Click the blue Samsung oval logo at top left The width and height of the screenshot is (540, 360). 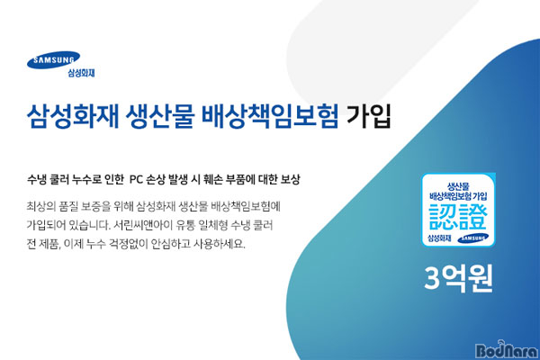(53, 60)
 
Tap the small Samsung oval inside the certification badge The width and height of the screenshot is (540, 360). (472, 238)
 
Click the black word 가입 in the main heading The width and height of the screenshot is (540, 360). (369, 116)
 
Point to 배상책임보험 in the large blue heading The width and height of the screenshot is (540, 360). (270, 116)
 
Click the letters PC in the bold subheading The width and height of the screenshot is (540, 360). (137, 179)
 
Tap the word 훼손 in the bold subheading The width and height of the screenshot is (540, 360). (212, 179)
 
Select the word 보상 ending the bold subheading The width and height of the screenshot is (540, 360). (290, 179)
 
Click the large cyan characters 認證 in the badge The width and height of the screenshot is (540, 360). (458, 218)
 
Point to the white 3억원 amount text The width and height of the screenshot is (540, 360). (458, 278)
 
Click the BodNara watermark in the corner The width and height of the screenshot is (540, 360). (506, 350)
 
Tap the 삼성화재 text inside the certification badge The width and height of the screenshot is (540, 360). (439, 238)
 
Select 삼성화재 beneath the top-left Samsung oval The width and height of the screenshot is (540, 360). (81, 73)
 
